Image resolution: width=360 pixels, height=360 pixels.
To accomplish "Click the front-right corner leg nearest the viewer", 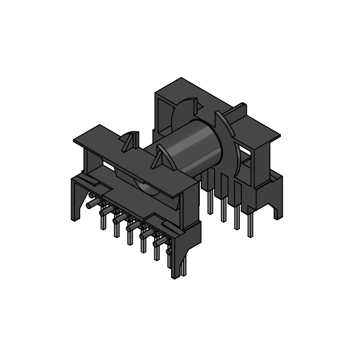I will tap(175, 265).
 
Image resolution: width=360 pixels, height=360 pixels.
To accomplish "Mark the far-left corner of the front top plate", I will tap(75, 140).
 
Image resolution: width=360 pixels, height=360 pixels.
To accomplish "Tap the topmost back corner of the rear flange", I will tap(181, 78).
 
